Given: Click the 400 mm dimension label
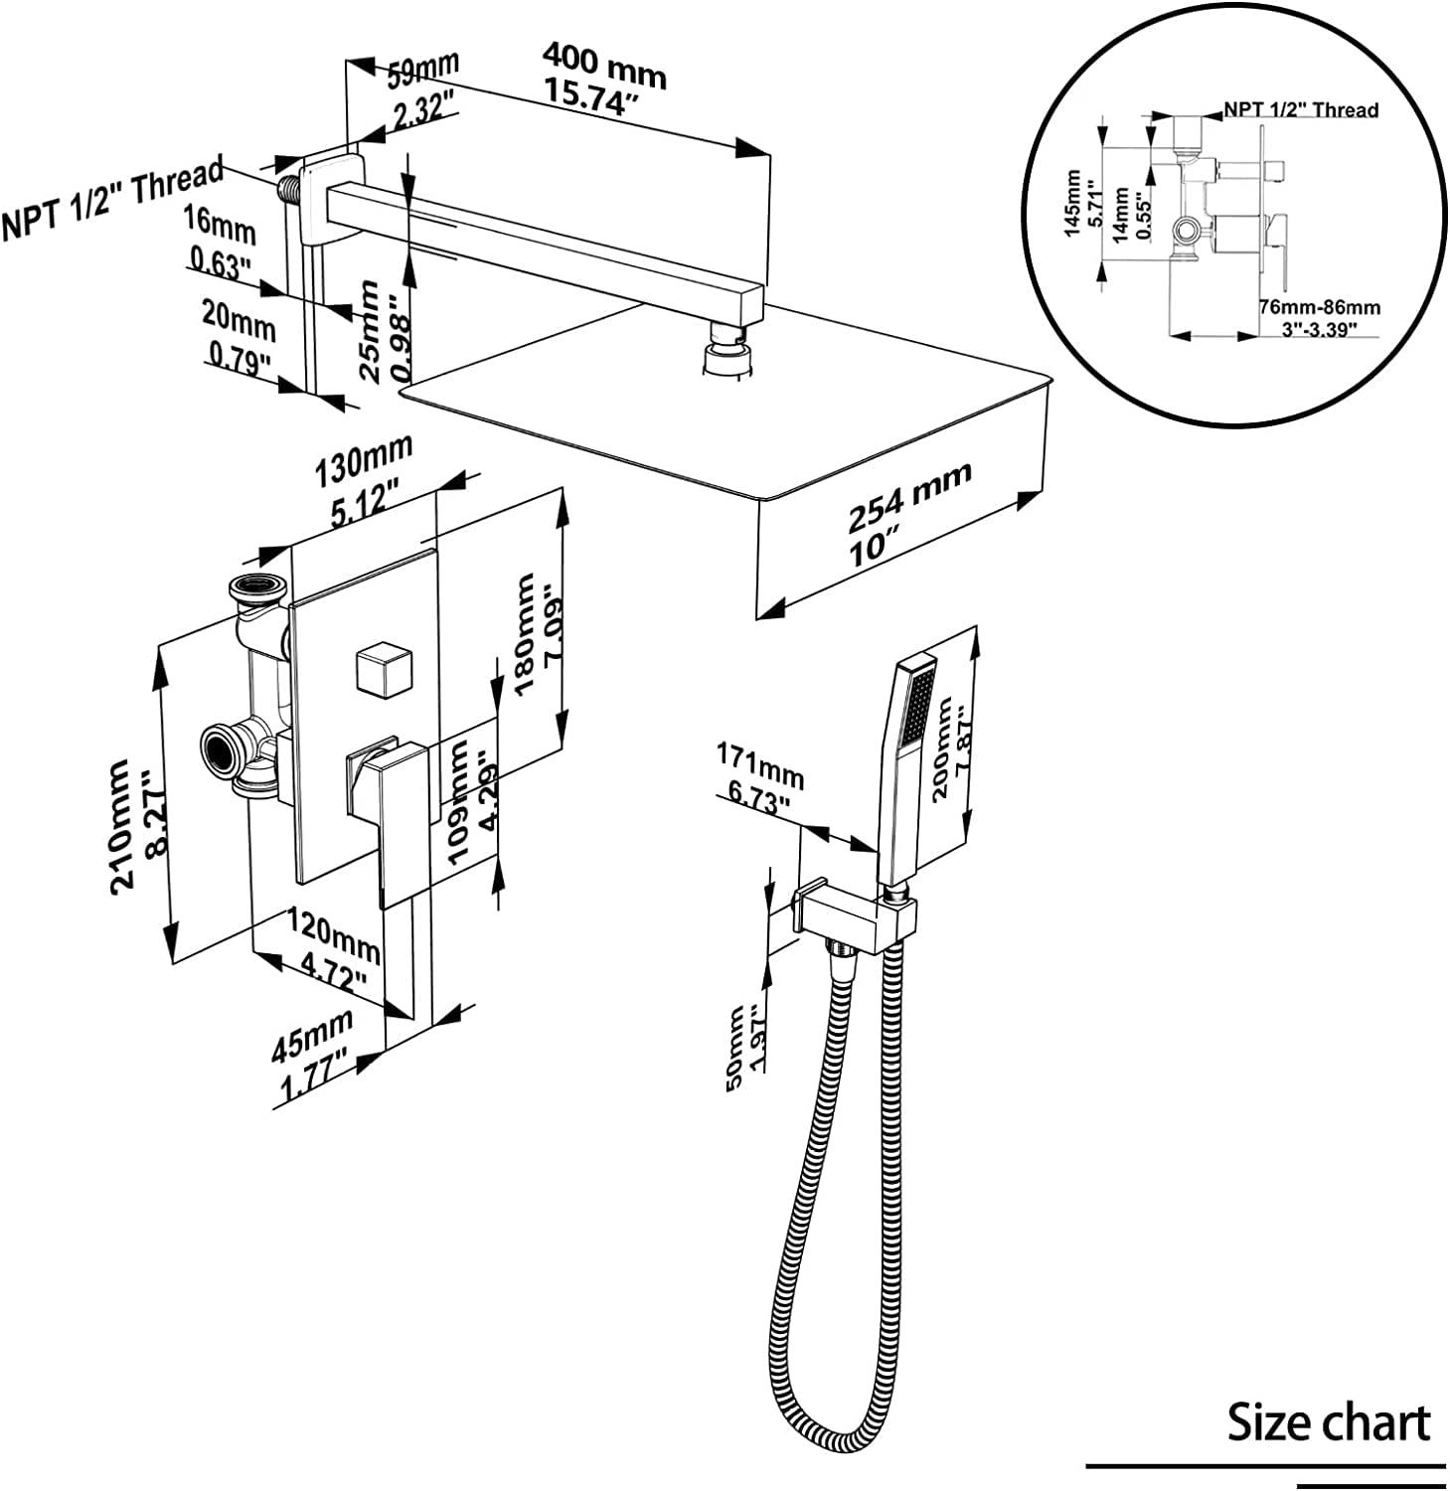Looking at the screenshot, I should click(x=603, y=68).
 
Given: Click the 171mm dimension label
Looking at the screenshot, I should click(x=760, y=766).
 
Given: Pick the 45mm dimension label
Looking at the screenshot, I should click(x=312, y=1035).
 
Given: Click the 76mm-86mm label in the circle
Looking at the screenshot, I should click(x=1319, y=308).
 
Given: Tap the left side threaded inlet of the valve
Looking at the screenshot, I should click(x=225, y=752).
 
